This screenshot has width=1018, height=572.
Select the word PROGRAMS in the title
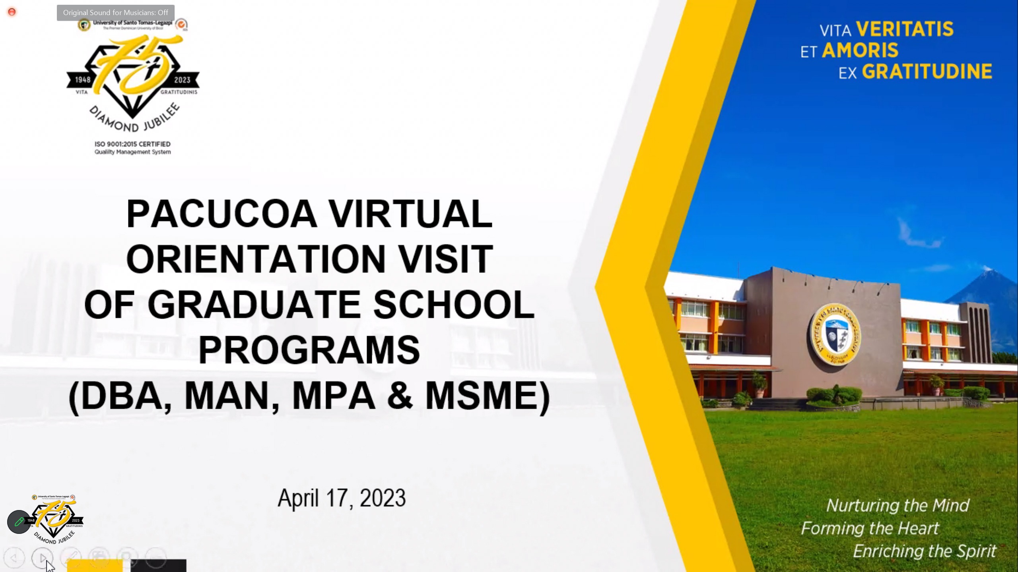(309, 350)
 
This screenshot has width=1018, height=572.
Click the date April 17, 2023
(342, 498)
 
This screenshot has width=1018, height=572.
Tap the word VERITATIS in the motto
(905, 29)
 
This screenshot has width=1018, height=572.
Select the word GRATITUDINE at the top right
(927, 72)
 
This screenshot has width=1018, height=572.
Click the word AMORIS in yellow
(860, 50)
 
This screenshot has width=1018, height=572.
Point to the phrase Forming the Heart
(870, 528)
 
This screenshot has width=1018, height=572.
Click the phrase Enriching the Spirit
(925, 551)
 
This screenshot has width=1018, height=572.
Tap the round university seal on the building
(835, 334)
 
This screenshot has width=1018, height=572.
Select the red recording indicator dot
(12, 12)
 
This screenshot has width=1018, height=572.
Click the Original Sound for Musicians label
(115, 13)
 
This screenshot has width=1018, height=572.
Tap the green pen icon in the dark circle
(19, 522)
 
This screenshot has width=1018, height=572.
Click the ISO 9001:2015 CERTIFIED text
(132, 144)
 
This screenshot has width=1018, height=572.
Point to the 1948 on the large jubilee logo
(83, 80)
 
